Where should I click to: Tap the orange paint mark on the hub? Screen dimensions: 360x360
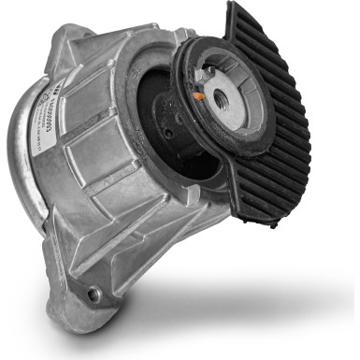[199, 95]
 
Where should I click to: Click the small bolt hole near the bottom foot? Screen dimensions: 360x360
[94, 294]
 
